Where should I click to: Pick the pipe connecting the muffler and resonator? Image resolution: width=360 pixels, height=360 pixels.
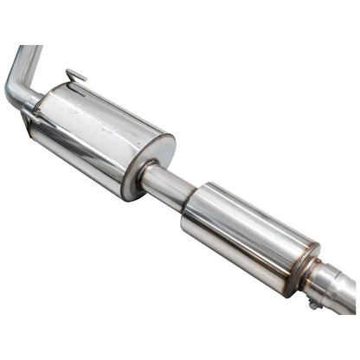167,184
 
